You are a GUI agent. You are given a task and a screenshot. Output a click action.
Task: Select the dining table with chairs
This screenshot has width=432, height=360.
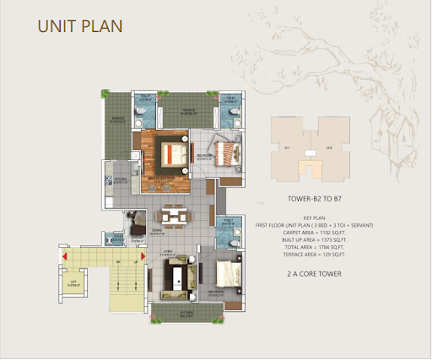pyautogui.click(x=173, y=216)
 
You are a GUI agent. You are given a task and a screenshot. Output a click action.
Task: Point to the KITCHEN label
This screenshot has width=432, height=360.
pyautogui.click(x=120, y=180)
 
